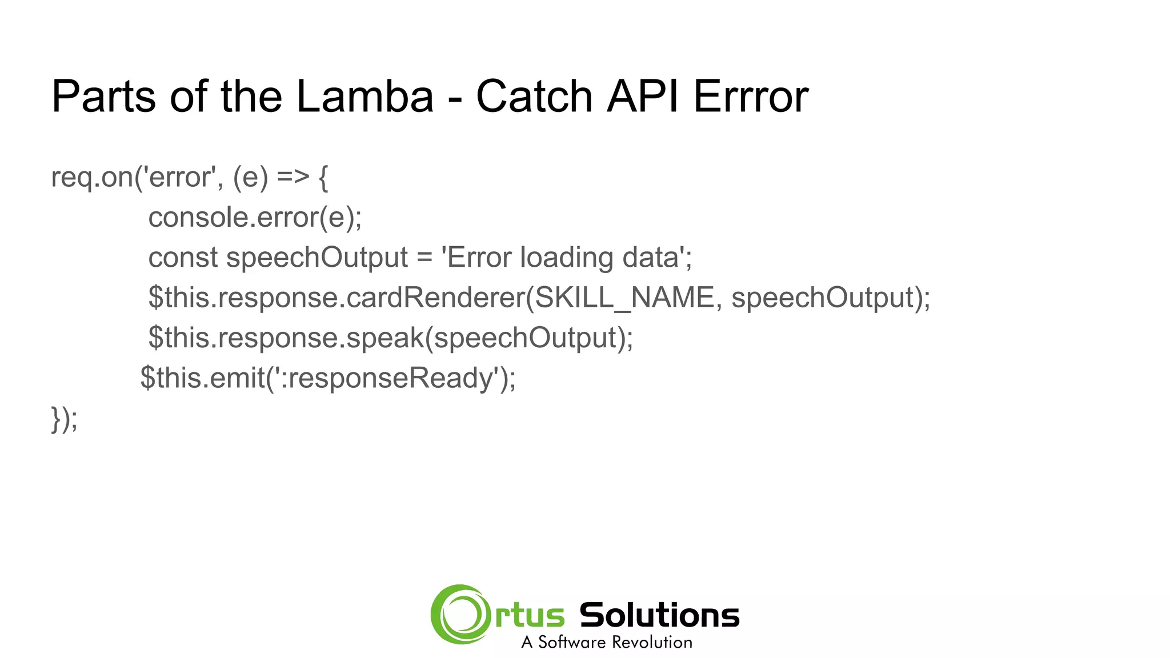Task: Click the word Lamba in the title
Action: (364, 97)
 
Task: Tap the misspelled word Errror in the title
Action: (751, 97)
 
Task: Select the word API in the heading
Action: (643, 97)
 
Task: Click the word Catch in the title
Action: (534, 97)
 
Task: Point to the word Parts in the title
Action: (103, 97)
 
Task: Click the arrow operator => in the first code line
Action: (292, 177)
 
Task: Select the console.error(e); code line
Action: (255, 218)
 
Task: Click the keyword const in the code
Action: (183, 258)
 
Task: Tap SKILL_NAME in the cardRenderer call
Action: (625, 298)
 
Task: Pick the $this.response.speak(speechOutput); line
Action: (391, 338)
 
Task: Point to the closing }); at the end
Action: (64, 419)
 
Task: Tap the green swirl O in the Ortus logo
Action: (460, 615)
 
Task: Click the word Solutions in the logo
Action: (659, 616)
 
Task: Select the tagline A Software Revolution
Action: (607, 643)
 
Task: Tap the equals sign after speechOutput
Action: (424, 258)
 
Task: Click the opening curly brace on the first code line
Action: (323, 177)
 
